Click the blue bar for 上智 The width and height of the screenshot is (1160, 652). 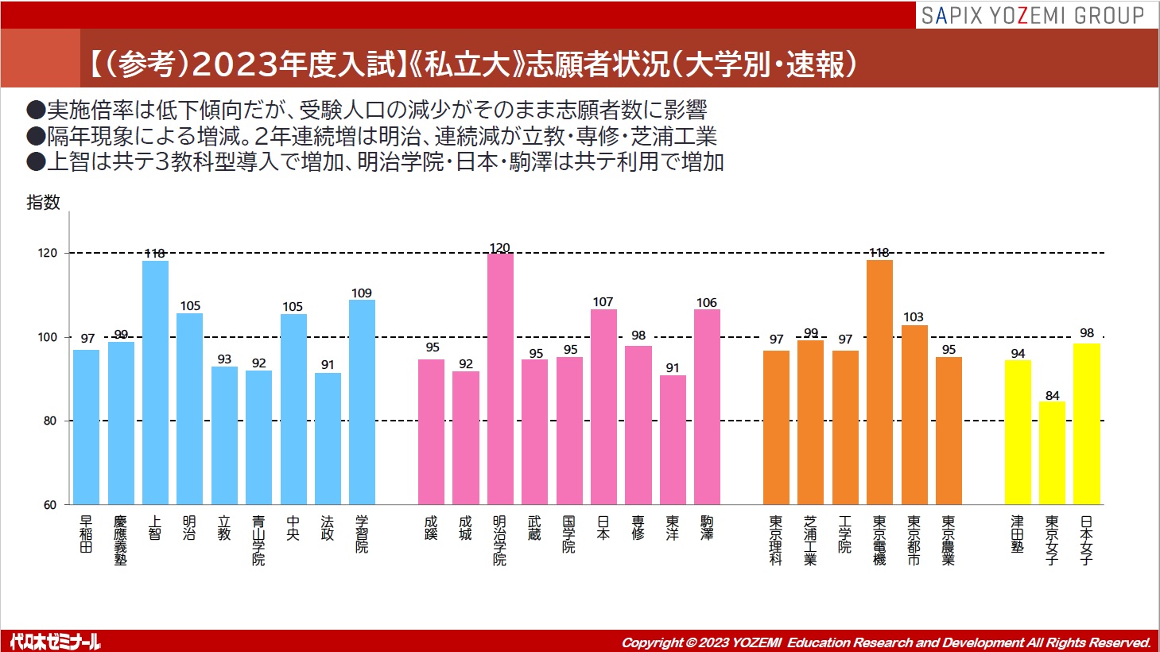[155, 382]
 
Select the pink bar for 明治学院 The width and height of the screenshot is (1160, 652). [500, 378]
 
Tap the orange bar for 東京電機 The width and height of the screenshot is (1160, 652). [879, 382]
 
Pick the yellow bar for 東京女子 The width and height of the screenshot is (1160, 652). [1052, 452]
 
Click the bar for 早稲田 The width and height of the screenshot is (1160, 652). [86, 426]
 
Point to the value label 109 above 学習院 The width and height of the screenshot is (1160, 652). [362, 293]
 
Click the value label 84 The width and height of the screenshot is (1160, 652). [1052, 395]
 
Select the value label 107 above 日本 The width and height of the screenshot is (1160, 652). [603, 302]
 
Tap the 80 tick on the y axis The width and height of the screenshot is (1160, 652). [50, 421]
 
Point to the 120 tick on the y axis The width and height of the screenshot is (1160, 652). [48, 253]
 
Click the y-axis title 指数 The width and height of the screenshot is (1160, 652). [43, 203]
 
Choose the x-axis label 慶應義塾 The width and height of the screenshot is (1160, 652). [120, 540]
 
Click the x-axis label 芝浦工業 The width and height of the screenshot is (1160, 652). [810, 540]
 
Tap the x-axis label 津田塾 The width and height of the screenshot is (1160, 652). [1018, 534]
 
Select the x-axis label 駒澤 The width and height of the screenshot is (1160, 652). [707, 528]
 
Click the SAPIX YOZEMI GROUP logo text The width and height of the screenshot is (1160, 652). [1032, 15]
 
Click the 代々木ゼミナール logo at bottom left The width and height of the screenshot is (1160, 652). [56, 641]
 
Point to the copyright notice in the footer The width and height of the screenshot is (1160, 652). [886, 642]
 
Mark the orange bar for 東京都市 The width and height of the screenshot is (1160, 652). [914, 414]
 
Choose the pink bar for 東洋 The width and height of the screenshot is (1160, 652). [673, 439]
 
